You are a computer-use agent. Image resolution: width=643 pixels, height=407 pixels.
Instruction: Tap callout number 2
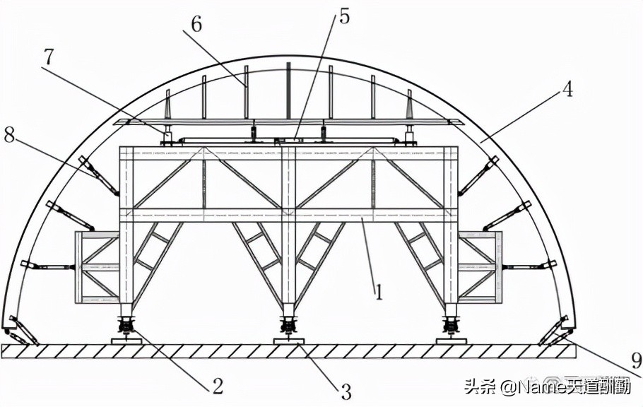click(x=218, y=385)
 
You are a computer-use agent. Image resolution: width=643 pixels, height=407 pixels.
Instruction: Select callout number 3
click(x=346, y=389)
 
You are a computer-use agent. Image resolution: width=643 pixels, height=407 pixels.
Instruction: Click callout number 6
click(x=196, y=23)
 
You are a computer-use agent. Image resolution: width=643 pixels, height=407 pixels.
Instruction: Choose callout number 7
click(x=48, y=57)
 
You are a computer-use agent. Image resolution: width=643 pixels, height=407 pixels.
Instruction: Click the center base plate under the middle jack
click(x=288, y=341)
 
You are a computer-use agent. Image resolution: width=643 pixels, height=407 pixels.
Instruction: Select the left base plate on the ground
click(x=126, y=341)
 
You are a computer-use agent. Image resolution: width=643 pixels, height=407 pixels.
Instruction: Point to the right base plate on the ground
click(x=451, y=341)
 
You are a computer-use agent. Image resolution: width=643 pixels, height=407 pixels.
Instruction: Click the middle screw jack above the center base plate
click(x=288, y=326)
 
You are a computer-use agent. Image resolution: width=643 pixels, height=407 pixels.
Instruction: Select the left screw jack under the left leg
click(x=126, y=326)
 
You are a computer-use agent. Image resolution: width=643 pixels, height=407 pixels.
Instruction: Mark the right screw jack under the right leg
click(x=451, y=326)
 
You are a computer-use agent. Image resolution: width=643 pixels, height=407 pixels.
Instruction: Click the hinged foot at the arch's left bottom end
click(x=18, y=331)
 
